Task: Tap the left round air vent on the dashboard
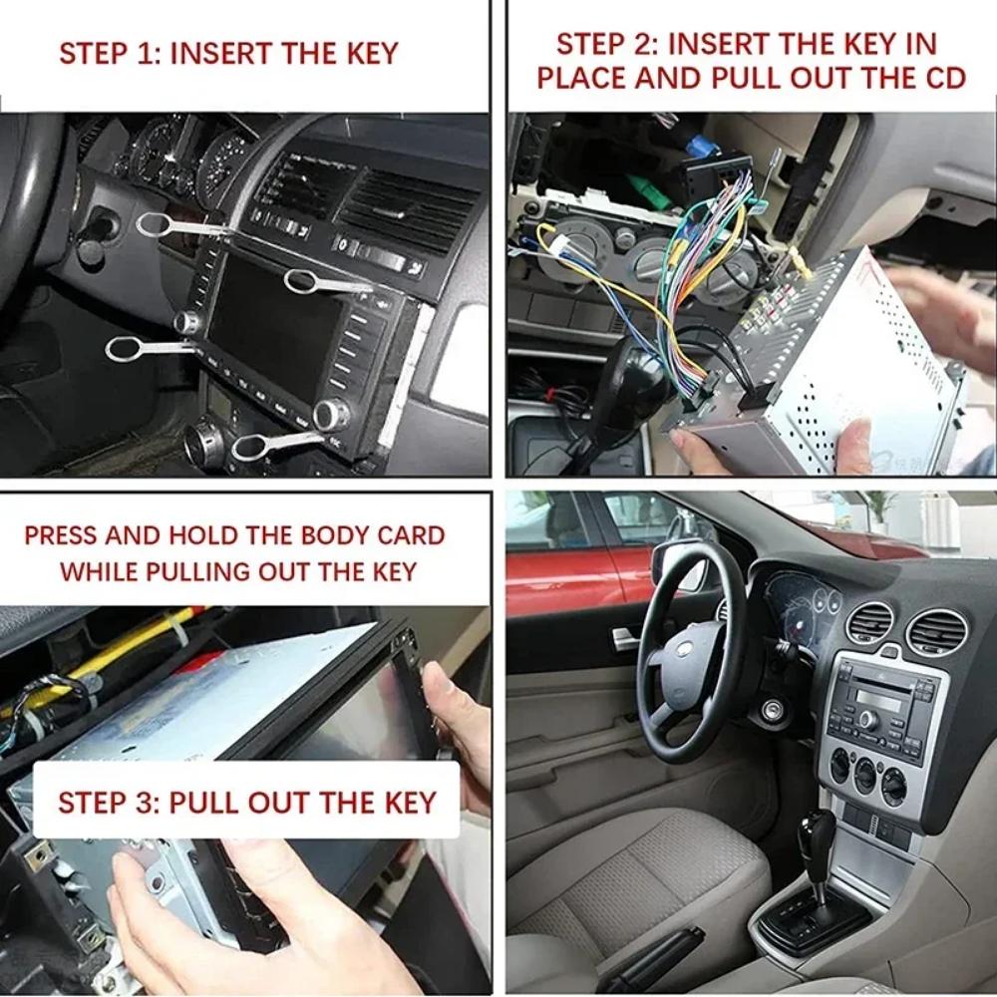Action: coord(869,622)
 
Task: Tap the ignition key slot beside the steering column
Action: coord(773,712)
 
